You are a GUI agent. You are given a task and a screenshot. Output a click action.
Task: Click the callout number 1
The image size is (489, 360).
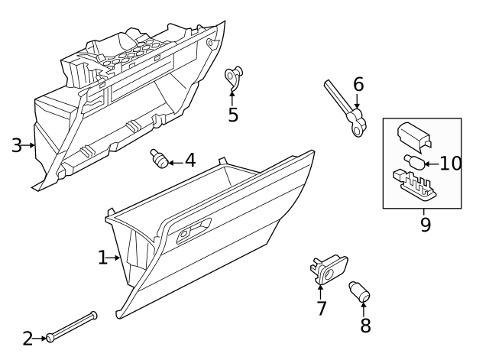click(x=103, y=258)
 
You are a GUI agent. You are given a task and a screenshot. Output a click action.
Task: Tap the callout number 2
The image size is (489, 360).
click(x=28, y=338)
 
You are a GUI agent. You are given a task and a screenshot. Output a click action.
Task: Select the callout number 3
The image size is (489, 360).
click(x=17, y=144)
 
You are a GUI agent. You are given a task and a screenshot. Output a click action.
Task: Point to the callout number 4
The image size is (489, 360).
click(x=189, y=161)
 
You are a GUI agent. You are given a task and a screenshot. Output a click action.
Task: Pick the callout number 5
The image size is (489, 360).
click(x=233, y=115)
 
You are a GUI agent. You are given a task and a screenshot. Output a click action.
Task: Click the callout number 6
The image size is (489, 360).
click(x=358, y=84)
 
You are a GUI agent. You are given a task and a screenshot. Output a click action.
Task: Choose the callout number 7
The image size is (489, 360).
click(x=322, y=308)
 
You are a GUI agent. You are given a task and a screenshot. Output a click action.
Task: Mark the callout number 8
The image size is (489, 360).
click(x=365, y=325)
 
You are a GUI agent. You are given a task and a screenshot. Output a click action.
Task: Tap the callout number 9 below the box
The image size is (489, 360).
click(x=425, y=224)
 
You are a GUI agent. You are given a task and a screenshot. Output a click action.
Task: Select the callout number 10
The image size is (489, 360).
click(x=451, y=163)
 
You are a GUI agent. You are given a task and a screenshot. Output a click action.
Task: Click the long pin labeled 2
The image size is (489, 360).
click(x=73, y=326)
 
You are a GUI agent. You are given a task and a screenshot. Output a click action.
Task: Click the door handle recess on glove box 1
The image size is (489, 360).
click(x=193, y=229)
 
